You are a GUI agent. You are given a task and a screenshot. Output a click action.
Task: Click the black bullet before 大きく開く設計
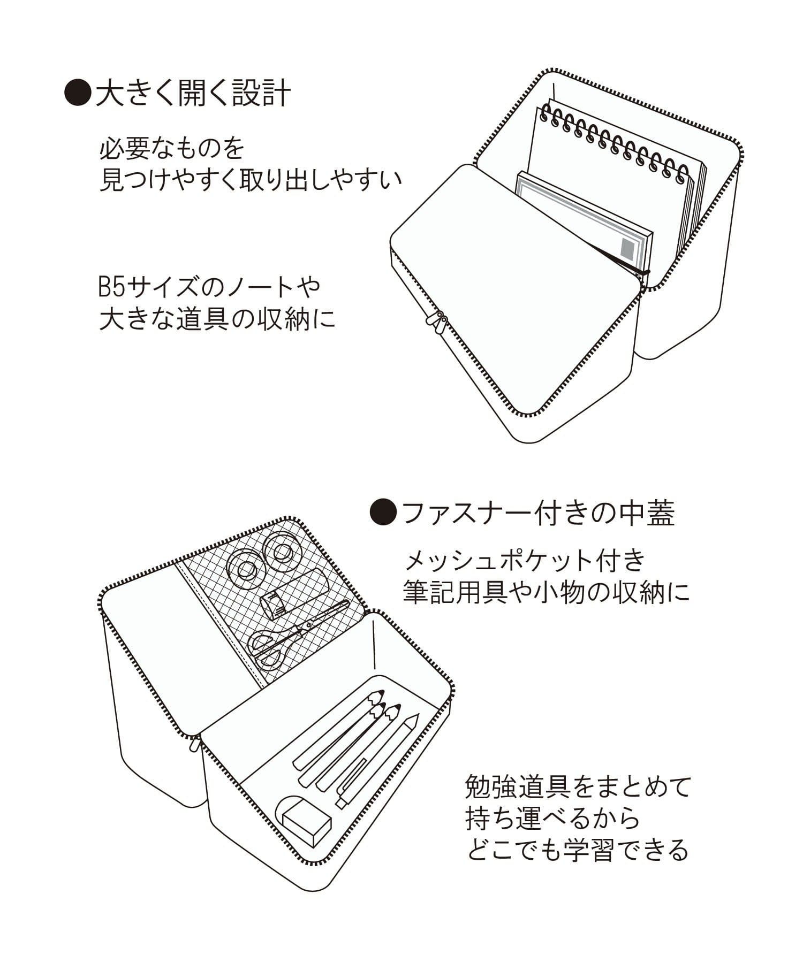[x=75, y=93]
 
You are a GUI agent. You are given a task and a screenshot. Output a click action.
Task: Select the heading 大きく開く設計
[x=193, y=93]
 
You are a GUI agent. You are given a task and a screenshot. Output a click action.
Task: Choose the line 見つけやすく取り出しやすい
[x=251, y=181]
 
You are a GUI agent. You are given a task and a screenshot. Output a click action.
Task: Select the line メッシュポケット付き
[x=525, y=561]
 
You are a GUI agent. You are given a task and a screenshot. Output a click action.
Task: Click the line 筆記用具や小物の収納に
[x=546, y=593]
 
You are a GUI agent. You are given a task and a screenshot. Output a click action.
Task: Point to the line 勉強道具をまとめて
[x=579, y=787]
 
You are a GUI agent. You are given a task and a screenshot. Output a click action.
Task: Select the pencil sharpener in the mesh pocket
[x=277, y=603]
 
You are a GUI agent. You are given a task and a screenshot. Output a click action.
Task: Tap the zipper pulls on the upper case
[x=437, y=323]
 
